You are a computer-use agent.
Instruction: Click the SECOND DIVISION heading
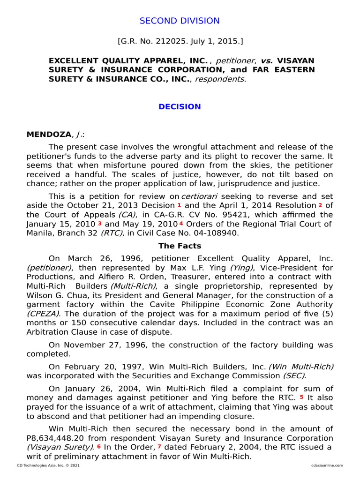point(180,21)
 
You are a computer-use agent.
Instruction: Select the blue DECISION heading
point(180,107)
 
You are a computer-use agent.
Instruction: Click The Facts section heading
point(180,246)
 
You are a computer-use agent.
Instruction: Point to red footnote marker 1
point(179,205)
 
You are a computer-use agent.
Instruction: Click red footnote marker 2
point(320,205)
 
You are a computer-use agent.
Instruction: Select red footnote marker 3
point(99,224)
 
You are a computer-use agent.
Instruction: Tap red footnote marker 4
point(181,224)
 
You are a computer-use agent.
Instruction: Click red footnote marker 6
point(99,447)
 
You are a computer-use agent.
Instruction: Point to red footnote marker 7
point(159,447)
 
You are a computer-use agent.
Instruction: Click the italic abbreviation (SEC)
point(293,375)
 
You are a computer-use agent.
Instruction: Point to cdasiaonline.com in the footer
point(327,465)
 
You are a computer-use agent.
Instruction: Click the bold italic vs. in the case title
point(266,61)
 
